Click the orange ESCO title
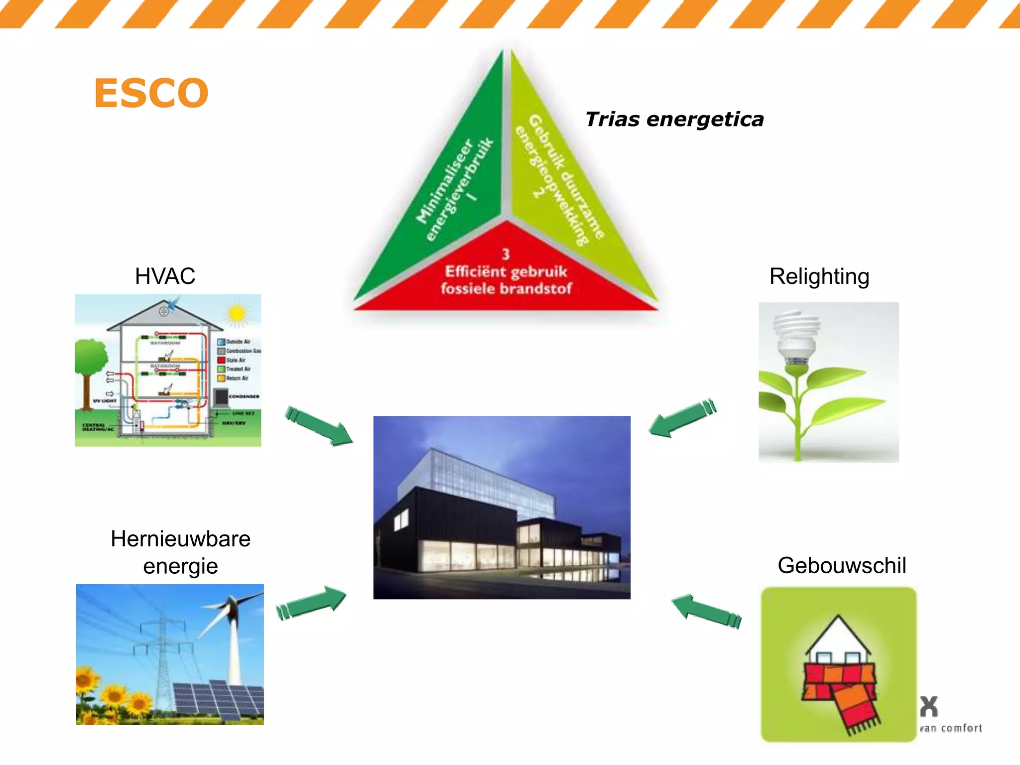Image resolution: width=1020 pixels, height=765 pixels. [151, 93]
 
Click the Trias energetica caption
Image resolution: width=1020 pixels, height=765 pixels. [674, 120]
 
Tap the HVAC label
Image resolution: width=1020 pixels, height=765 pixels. [165, 276]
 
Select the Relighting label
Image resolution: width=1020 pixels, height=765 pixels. [819, 276]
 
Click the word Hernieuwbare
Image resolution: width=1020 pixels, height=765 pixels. [180, 539]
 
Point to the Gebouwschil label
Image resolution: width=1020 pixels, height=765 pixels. [841, 565]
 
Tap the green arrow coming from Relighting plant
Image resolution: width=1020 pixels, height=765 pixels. [682, 418]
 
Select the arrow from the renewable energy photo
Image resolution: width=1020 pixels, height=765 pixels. [311, 603]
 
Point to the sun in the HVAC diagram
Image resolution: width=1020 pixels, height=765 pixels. [237, 314]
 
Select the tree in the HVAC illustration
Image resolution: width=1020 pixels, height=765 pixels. [90, 359]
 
